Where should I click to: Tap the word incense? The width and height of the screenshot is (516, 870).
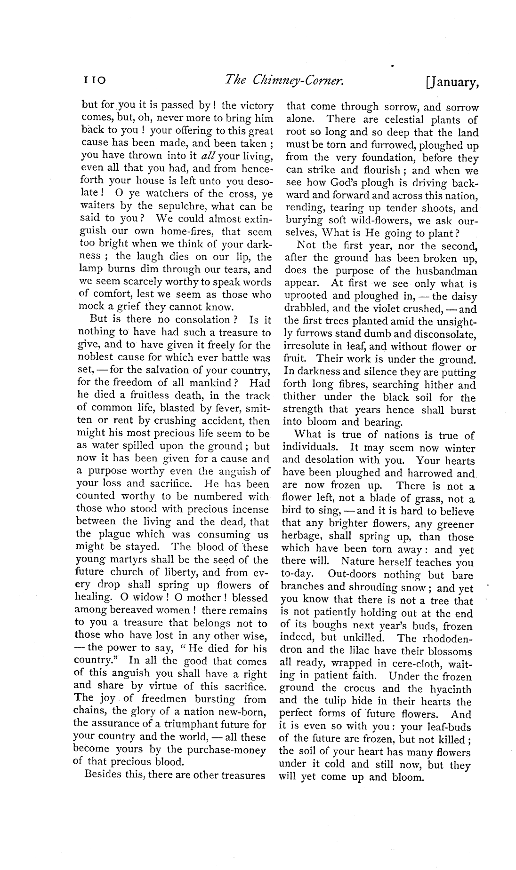(246, 509)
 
